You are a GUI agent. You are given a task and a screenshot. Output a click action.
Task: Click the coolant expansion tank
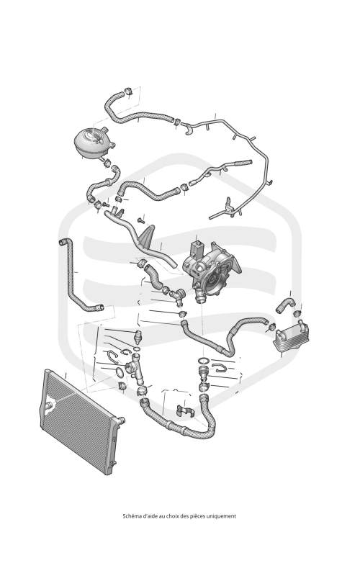(x=94, y=143)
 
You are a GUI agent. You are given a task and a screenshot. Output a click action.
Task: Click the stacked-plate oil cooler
(x=292, y=335)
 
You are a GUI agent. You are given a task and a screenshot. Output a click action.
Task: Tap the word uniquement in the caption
(x=222, y=516)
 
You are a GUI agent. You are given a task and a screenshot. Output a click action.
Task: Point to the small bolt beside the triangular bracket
(x=140, y=220)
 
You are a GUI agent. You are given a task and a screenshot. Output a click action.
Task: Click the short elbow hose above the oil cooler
(x=285, y=305)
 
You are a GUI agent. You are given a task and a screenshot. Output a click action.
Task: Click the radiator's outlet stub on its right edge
(x=120, y=420)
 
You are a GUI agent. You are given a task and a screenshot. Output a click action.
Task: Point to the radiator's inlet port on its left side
(x=50, y=405)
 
